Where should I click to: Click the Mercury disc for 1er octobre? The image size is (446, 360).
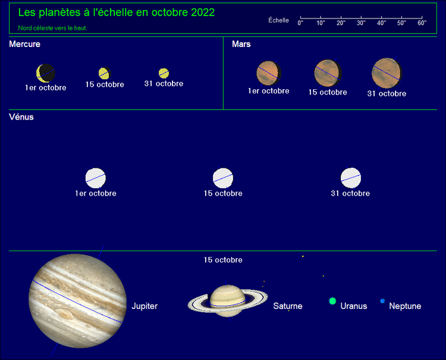46,73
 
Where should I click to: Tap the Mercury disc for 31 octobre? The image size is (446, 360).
164,73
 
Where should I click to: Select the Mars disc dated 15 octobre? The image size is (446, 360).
328,73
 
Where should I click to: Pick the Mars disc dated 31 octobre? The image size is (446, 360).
387,73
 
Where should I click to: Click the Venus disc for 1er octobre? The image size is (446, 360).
96,178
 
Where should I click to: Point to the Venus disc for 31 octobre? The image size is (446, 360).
351,178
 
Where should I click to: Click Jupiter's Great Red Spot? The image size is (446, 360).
65,315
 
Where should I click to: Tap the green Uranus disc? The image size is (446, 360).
332,301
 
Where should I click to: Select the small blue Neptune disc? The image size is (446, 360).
382,301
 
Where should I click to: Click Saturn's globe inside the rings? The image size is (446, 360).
228,300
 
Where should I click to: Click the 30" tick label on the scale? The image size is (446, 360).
361,23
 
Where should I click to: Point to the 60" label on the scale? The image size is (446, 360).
422,23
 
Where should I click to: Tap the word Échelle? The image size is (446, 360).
278,20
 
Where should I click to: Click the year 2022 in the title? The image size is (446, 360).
203,12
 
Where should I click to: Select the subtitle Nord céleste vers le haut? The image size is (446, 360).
52,28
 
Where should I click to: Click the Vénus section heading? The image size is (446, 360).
21,117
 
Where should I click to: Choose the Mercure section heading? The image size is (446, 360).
25,44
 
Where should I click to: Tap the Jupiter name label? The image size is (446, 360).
145,306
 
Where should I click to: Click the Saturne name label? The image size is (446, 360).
288,306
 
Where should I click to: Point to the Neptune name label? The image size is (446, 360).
405,306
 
